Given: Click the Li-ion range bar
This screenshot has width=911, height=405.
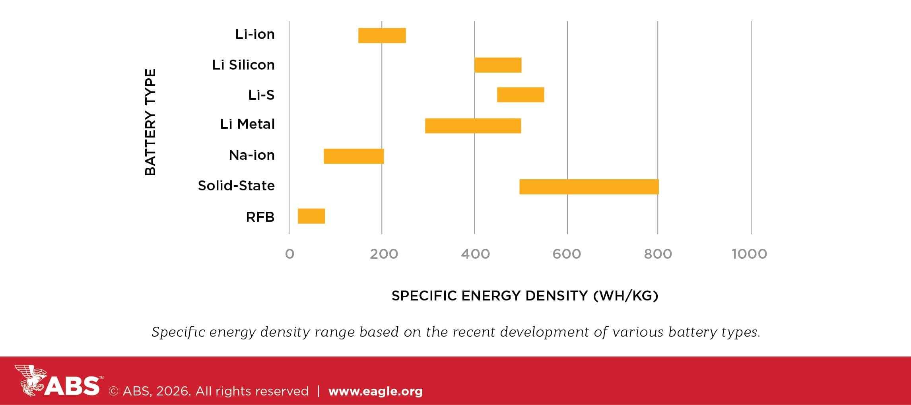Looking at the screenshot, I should [x=382, y=35].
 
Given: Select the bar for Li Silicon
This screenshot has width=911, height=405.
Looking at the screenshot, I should [x=497, y=65].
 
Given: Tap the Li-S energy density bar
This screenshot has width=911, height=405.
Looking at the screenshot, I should [x=520, y=95].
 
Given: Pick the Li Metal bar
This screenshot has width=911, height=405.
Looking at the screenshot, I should [x=473, y=126].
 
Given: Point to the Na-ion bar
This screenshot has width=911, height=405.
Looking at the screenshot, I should [x=354, y=156].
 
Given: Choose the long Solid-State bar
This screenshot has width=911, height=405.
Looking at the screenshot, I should [x=589, y=187].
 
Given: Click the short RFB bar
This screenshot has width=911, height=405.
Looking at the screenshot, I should [x=311, y=216].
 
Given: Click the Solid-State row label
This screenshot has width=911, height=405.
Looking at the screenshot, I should [x=236, y=186].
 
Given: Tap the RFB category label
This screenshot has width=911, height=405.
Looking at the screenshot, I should [x=260, y=217].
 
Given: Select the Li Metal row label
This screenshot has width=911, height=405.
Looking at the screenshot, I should [x=247, y=124].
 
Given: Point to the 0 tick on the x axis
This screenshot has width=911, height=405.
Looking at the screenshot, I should [x=289, y=254].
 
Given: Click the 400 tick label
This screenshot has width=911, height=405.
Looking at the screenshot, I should [x=475, y=254].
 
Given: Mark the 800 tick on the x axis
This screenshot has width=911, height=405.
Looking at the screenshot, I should [x=658, y=254].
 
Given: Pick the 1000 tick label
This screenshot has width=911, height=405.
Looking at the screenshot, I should [x=749, y=254].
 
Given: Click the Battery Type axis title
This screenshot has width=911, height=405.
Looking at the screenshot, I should [x=150, y=122].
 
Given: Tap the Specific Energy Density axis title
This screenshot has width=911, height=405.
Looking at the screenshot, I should [x=524, y=296].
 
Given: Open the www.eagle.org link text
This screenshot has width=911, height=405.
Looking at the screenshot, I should [x=375, y=391].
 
